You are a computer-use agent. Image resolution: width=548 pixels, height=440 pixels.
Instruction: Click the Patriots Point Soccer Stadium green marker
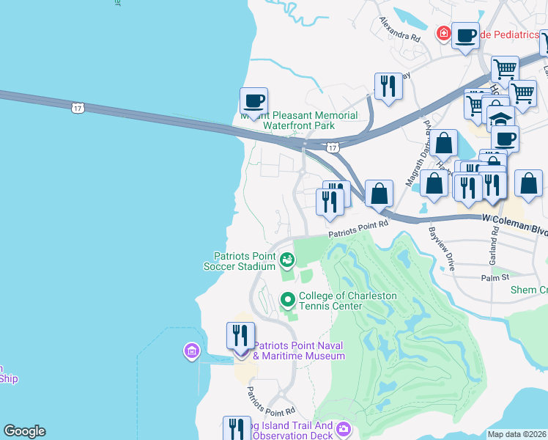pyautogui.click(x=287, y=259)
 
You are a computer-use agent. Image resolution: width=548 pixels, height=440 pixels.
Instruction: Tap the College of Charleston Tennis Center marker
pyautogui.click(x=287, y=299)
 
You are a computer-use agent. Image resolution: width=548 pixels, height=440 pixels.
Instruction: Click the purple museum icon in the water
pyautogui.click(x=191, y=351)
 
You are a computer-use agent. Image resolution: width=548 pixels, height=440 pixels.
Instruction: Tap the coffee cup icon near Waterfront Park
pyautogui.click(x=253, y=101)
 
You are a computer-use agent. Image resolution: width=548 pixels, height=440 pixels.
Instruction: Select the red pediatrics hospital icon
pyautogui.click(x=443, y=34)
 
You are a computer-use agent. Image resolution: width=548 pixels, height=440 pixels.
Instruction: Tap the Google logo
pyautogui.click(x=24, y=431)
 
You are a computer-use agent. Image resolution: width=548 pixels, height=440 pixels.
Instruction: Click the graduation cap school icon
pyautogui.click(x=500, y=119)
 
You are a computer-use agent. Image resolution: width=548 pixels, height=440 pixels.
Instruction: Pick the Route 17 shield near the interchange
pyautogui.click(x=333, y=147)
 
